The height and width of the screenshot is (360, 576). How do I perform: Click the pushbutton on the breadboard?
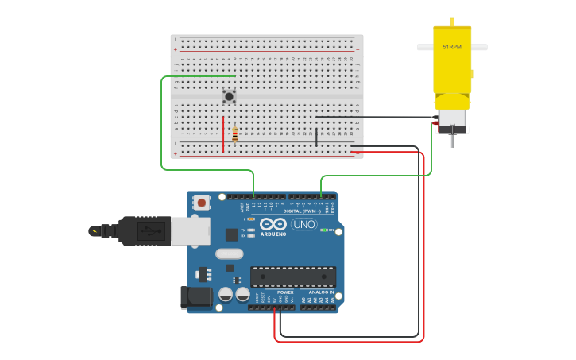click(x=229, y=97)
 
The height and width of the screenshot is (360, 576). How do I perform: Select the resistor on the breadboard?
click(x=235, y=135)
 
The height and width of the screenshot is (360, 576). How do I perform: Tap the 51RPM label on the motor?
click(x=451, y=47)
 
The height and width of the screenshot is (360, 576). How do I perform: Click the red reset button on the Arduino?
click(x=202, y=203)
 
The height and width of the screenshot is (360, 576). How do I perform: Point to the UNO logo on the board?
click(x=303, y=224)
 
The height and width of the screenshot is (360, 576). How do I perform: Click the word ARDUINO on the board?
click(x=273, y=234)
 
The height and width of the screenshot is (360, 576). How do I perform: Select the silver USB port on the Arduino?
click(x=191, y=230)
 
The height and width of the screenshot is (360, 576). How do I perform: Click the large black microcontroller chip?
click(x=292, y=277)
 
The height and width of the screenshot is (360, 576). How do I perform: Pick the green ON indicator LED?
click(x=323, y=230)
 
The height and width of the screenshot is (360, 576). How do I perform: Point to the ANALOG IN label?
click(x=319, y=292)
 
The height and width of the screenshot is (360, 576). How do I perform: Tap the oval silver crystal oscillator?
click(x=228, y=254)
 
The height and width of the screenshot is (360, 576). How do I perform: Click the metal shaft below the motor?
click(x=451, y=141)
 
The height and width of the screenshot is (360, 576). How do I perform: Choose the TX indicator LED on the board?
click(x=251, y=230)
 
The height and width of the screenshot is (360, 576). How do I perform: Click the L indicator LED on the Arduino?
click(x=251, y=219)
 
